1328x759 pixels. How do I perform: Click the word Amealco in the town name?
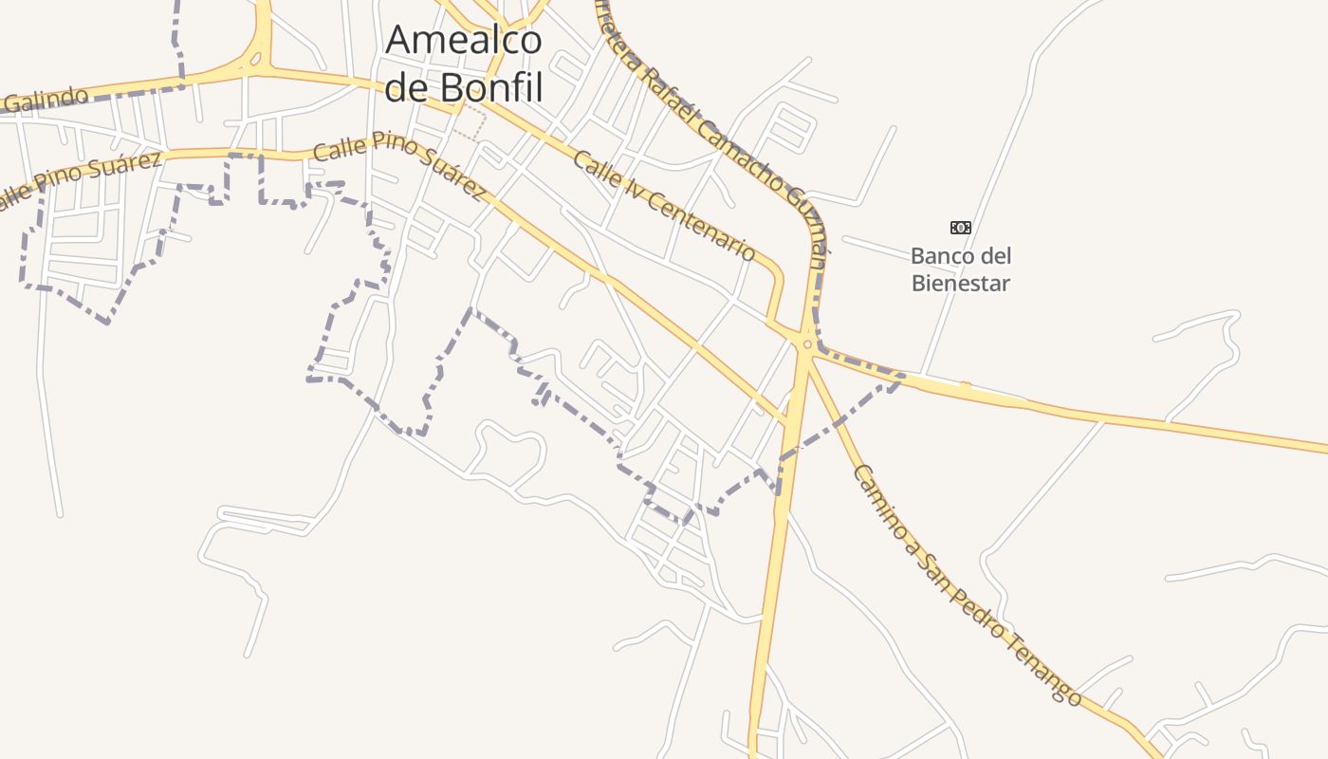tap(464, 40)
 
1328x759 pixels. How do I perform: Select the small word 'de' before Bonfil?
tap(407, 87)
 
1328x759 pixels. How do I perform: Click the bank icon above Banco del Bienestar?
tap(961, 228)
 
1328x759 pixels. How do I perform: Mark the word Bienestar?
tap(961, 283)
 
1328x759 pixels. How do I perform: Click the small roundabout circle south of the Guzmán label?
tap(806, 344)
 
